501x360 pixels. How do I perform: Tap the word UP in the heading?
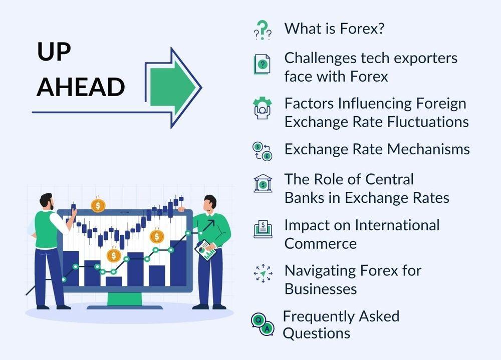tap(54, 52)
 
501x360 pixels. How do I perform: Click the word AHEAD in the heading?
tap(81, 87)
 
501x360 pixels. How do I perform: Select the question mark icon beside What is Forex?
tap(263, 30)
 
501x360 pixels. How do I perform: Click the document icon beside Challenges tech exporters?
tap(262, 64)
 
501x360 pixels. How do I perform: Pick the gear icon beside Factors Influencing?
tap(263, 108)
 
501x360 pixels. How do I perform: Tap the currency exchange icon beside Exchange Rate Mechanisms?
tap(263, 151)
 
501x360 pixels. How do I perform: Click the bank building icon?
tap(263, 183)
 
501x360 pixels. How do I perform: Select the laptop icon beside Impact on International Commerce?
tap(263, 229)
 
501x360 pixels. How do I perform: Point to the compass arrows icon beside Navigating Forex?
tap(263, 273)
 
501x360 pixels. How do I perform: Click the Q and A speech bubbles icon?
tap(263, 324)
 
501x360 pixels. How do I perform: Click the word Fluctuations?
tap(428, 122)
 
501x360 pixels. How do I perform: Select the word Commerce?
tap(321, 243)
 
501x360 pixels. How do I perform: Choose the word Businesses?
tap(321, 289)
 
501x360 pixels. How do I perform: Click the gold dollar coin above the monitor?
tap(98, 205)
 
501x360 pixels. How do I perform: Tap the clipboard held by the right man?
tap(205, 250)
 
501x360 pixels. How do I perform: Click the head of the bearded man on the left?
tap(47, 202)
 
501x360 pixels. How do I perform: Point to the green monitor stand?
tap(125, 299)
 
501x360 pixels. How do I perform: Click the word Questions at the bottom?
tap(316, 333)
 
